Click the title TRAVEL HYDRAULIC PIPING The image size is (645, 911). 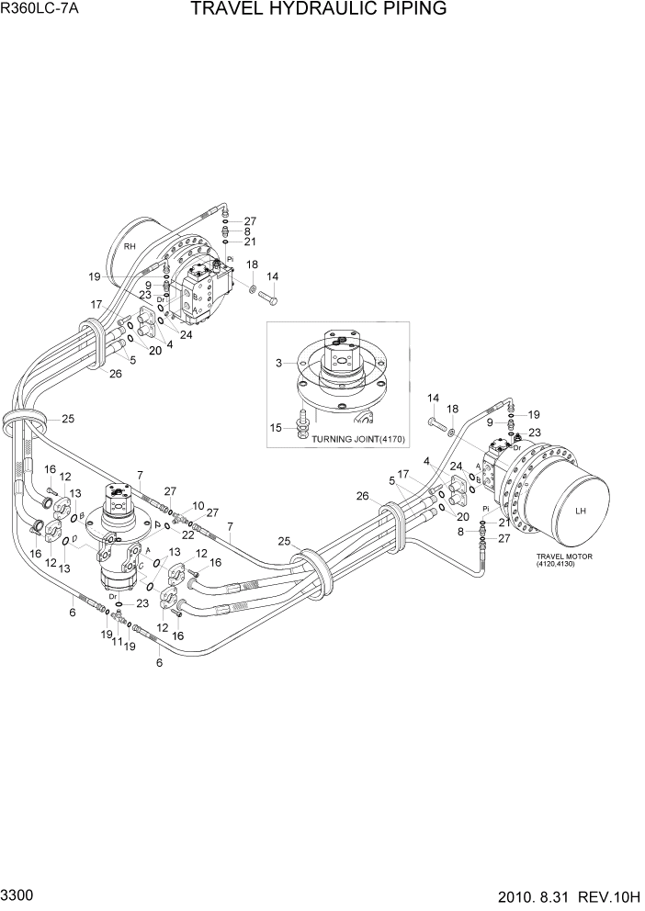tap(319, 10)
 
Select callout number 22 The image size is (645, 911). tap(188, 535)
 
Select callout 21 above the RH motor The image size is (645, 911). tap(249, 242)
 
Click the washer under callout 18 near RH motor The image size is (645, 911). tap(252, 290)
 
